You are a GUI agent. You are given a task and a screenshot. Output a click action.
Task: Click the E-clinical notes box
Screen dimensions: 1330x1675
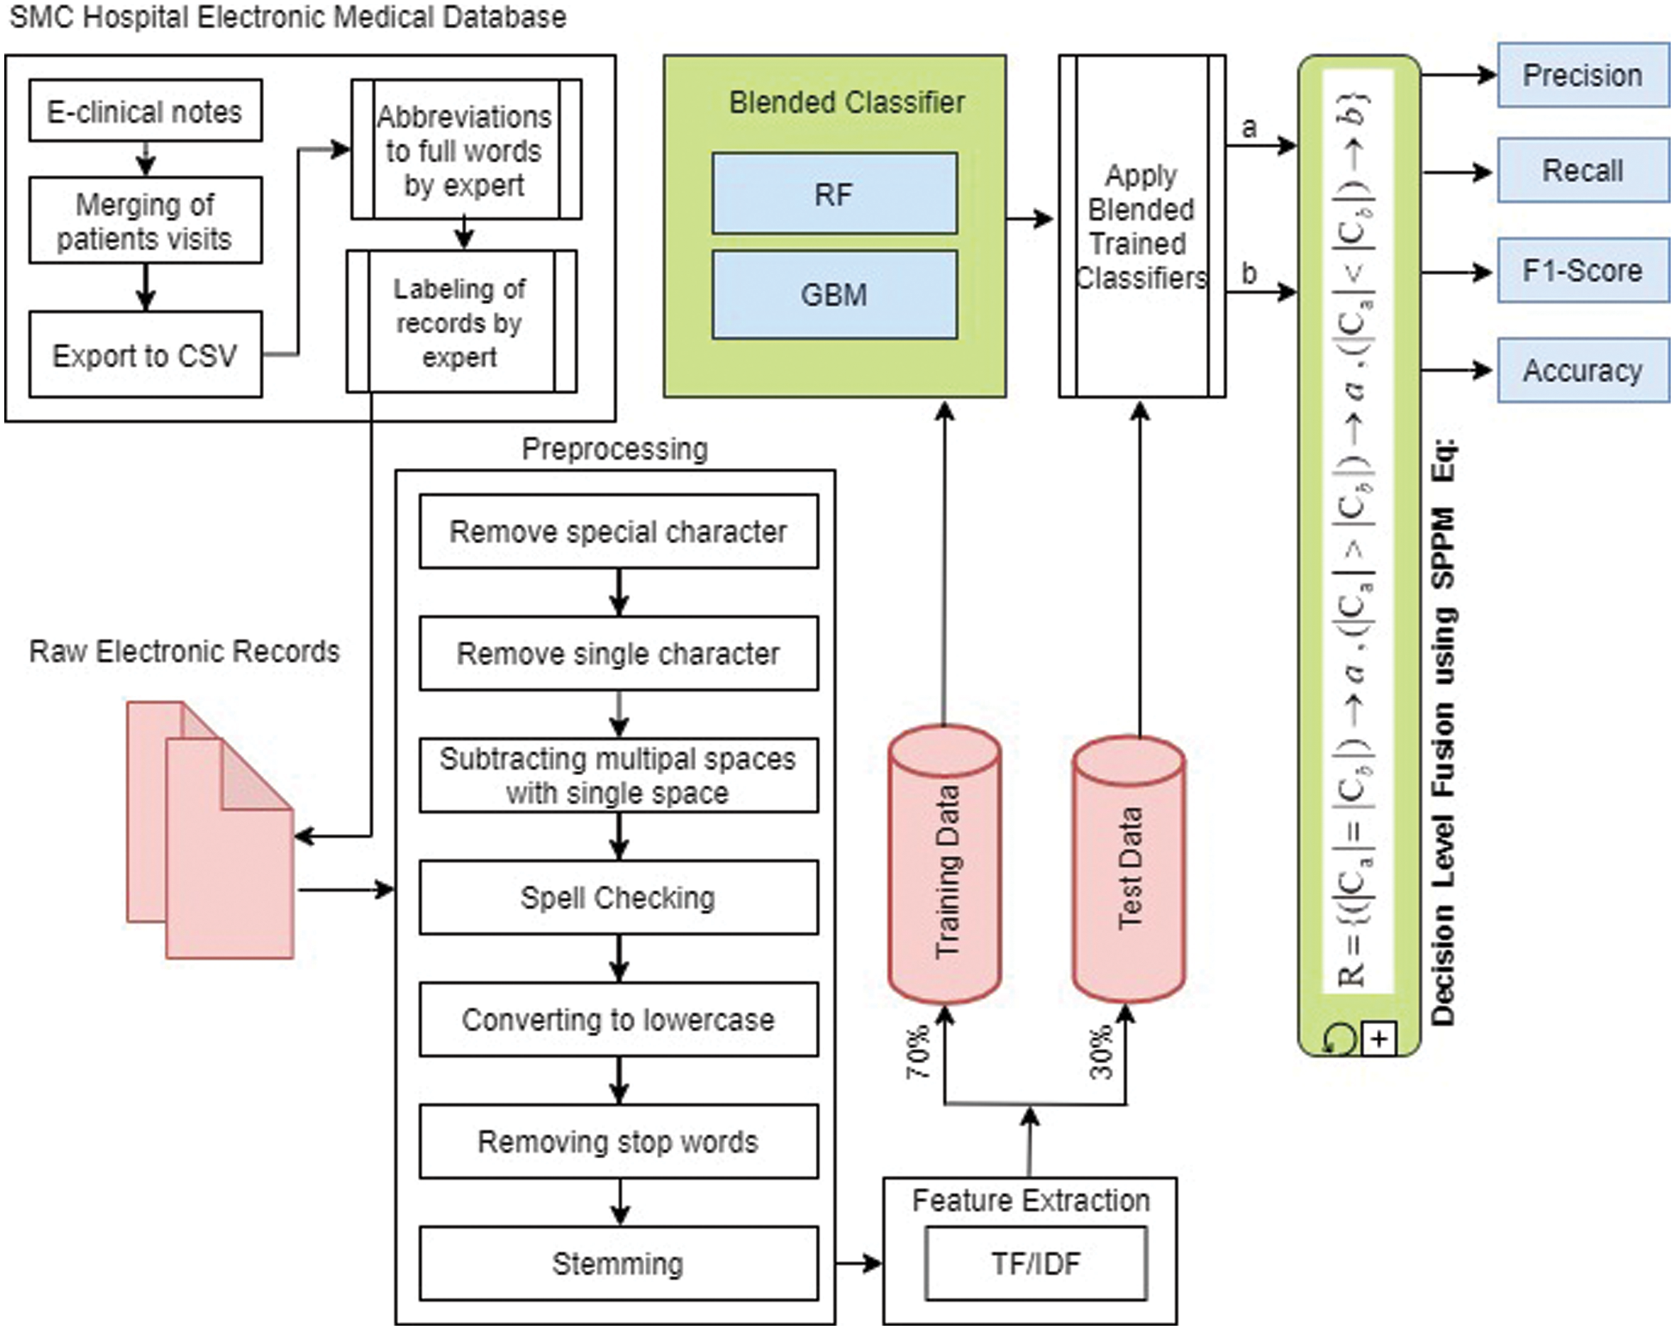click(145, 111)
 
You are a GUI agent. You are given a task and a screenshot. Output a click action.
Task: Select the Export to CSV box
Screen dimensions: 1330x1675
click(145, 355)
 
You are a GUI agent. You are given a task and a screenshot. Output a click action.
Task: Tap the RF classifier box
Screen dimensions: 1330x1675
click(834, 193)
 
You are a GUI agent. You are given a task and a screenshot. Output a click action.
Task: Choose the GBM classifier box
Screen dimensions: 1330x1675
click(834, 295)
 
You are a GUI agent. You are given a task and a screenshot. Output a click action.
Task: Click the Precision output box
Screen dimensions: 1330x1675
click(1582, 76)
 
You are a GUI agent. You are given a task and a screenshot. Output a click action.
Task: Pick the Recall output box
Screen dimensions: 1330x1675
click(1582, 170)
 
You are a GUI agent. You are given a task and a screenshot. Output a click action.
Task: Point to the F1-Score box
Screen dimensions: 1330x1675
click(1582, 271)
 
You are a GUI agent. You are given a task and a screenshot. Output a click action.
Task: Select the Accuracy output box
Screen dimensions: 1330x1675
click(1582, 370)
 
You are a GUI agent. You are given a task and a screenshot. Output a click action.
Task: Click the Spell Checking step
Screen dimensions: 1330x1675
click(618, 898)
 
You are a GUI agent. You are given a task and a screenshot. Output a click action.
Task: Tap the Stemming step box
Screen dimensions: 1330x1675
click(618, 1263)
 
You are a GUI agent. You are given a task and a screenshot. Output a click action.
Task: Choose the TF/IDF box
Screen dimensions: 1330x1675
click(1036, 1263)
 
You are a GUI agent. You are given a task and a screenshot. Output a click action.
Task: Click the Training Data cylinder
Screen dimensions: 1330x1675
click(944, 868)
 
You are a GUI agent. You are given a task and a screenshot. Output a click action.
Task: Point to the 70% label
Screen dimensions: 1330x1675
click(918, 1052)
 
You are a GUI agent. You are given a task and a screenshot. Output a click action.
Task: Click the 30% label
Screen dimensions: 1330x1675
click(1101, 1052)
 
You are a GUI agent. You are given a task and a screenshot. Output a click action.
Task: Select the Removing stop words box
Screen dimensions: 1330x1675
click(618, 1141)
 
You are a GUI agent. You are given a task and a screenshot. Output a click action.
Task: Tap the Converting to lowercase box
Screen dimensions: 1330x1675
click(618, 1020)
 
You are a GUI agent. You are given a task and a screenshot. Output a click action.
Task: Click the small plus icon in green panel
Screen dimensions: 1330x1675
click(1379, 1040)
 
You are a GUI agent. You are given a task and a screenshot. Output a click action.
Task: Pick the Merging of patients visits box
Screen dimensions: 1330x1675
click(145, 221)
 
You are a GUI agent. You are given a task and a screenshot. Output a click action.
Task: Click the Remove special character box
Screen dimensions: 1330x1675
click(618, 532)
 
